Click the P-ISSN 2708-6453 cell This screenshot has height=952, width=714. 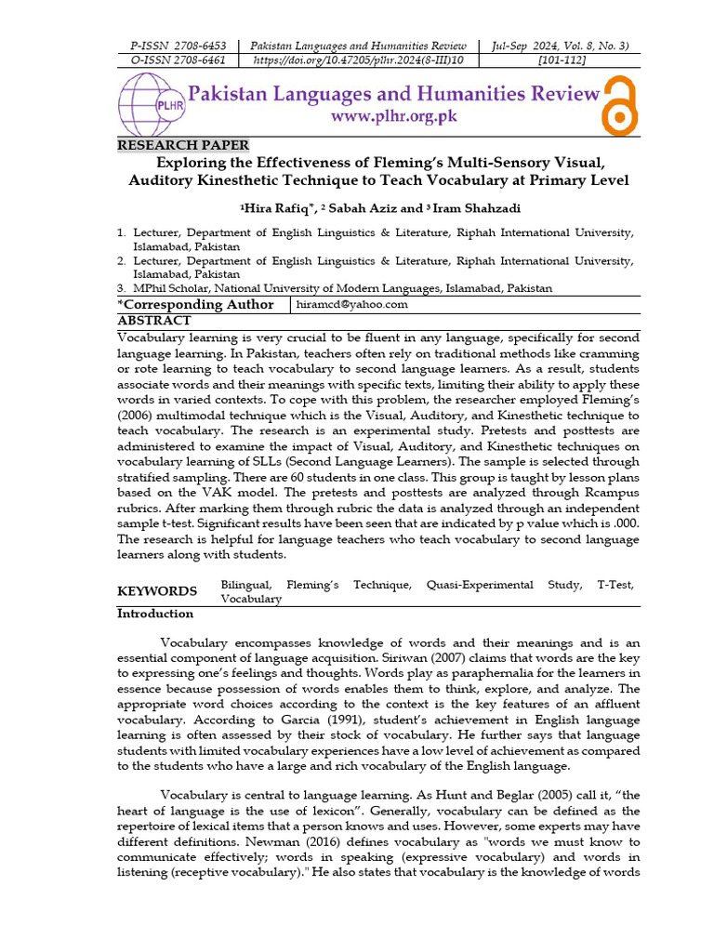click(x=178, y=46)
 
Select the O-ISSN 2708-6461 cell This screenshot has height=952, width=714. click(x=178, y=60)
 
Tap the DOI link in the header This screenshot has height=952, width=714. click(x=359, y=60)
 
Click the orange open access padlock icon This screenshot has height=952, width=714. click(x=620, y=105)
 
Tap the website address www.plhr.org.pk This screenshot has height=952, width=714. click(x=394, y=117)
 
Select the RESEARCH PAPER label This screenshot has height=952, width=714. click(x=183, y=145)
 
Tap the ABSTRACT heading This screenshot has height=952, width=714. click(x=154, y=321)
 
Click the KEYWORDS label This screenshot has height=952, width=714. click(x=157, y=591)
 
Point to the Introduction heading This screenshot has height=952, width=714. click(x=155, y=614)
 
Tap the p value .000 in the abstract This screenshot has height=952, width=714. click(x=625, y=523)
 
